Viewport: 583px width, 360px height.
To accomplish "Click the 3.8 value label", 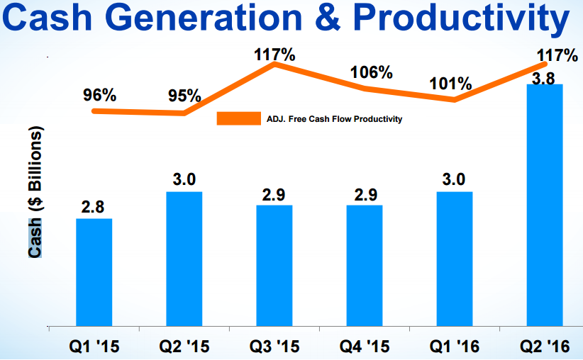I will click(543, 79).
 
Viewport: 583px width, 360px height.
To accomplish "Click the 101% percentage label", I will click(450, 84).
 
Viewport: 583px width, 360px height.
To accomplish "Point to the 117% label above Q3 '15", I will click(274, 52).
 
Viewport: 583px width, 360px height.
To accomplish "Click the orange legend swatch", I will click(238, 119).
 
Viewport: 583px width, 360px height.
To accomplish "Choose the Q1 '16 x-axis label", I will click(454, 347).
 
